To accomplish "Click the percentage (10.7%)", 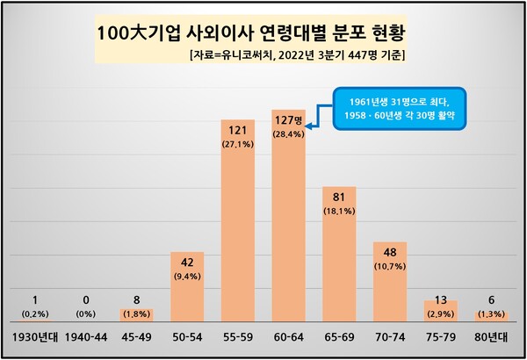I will [x=390, y=265].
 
